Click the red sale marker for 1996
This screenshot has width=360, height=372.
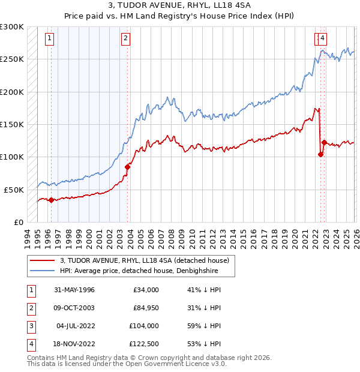point(51,200)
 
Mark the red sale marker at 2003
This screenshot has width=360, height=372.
point(127,167)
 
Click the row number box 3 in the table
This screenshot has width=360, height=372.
point(29,326)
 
